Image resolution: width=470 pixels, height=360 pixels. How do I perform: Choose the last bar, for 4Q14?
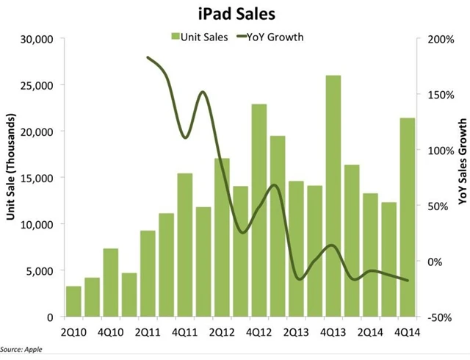[x=408, y=217]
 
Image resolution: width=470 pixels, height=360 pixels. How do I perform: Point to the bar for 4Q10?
[x=110, y=283]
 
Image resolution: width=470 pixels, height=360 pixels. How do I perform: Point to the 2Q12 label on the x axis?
[x=222, y=330]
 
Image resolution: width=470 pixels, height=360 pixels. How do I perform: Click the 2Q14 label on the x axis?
[x=370, y=330]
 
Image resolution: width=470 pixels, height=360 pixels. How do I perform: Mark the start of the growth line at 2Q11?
[x=148, y=57]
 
